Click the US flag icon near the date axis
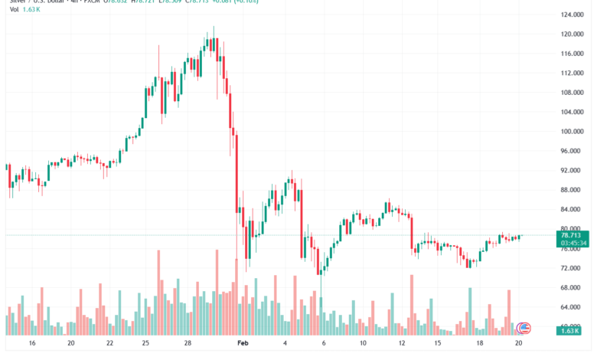(x=524, y=329)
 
